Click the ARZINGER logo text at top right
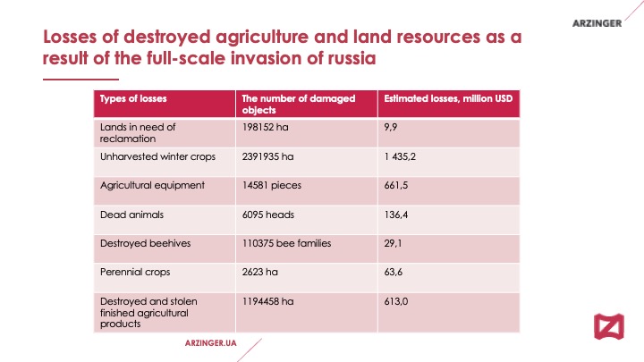click(x=597, y=22)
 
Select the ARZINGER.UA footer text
click(x=209, y=342)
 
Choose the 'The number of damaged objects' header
click(x=298, y=104)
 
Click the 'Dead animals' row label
click(x=124, y=215)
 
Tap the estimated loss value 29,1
click(x=392, y=243)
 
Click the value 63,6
click(x=392, y=272)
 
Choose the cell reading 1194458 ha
click(x=268, y=302)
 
